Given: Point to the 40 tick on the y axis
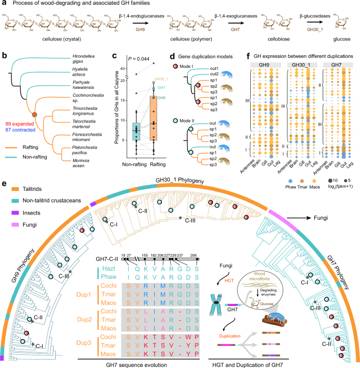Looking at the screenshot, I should tap(120, 69).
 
